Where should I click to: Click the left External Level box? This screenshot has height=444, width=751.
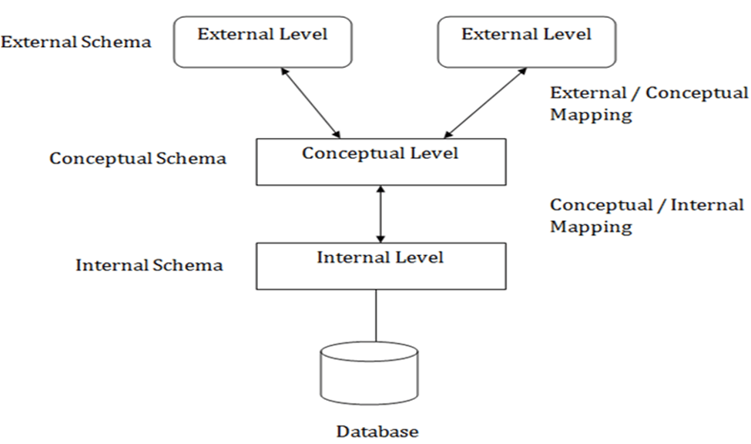click(263, 42)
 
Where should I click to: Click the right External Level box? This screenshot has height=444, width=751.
click(526, 42)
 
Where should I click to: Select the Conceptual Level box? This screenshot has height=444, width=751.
click(381, 162)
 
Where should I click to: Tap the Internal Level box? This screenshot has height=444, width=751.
click(381, 266)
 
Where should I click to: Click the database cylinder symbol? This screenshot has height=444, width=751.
click(369, 374)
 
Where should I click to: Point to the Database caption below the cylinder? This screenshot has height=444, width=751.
click(377, 431)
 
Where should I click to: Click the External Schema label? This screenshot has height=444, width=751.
click(75, 41)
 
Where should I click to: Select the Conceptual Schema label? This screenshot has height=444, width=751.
click(138, 158)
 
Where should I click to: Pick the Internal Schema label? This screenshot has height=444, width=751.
click(149, 265)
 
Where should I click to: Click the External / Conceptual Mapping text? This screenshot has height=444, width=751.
click(648, 103)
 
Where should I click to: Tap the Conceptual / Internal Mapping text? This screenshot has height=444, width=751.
click(646, 216)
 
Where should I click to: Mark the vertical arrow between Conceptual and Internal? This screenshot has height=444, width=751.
click(379, 214)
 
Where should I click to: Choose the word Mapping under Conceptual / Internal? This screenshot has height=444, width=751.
click(591, 227)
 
